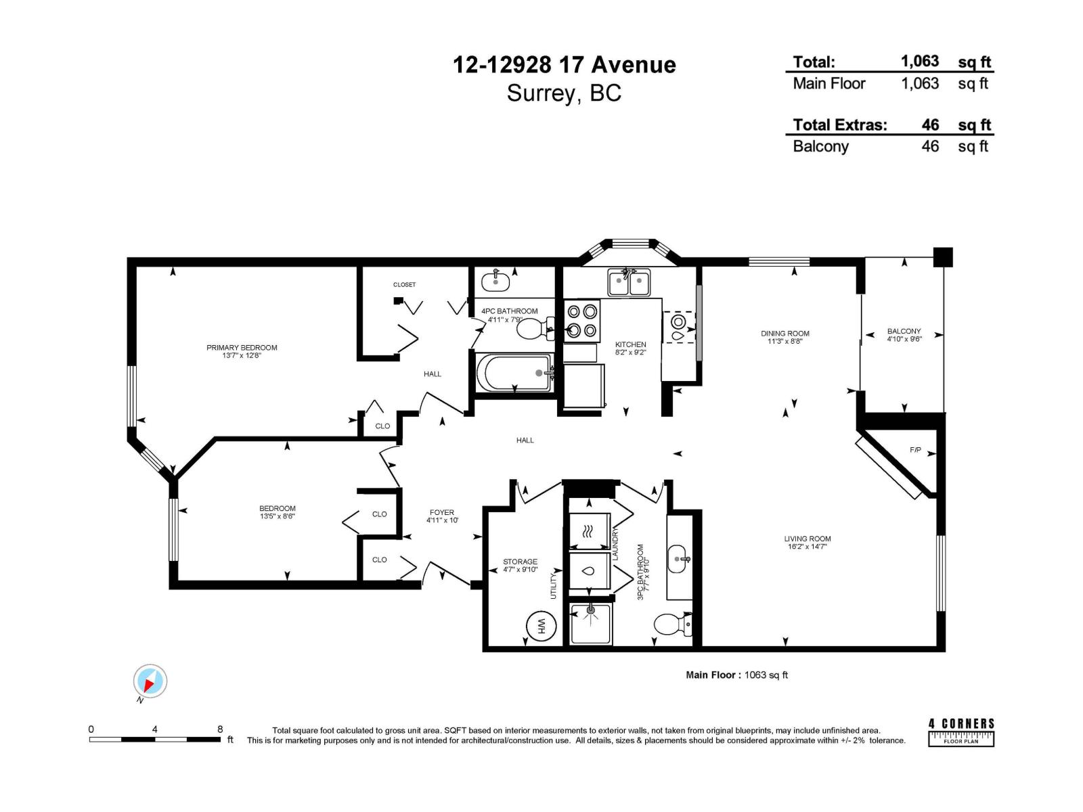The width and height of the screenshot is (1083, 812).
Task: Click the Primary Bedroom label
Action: click(242, 348)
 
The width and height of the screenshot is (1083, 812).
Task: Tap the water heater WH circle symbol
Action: click(541, 626)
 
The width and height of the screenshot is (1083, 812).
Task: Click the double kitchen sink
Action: click(629, 282)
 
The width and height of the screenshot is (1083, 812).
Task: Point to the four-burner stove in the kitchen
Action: click(582, 321)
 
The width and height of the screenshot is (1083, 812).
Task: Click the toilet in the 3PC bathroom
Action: click(671, 624)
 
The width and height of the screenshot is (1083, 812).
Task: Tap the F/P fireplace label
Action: click(915, 450)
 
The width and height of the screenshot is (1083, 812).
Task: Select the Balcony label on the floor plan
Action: click(904, 332)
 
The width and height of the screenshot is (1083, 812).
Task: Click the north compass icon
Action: click(150, 681)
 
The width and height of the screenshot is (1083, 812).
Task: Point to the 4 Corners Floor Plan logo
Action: click(961, 732)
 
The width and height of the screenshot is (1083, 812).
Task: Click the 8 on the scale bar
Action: click(220, 729)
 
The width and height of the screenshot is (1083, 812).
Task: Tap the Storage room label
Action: click(520, 562)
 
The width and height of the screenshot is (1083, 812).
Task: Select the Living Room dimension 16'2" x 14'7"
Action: click(807, 547)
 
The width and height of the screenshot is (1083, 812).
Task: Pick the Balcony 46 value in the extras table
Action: click(930, 146)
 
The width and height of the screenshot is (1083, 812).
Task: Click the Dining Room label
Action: click(784, 334)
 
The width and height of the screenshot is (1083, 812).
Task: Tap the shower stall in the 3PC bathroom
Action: click(591, 623)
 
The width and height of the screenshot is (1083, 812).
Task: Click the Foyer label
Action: click(441, 513)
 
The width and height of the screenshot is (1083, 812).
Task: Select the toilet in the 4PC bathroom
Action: click(535, 330)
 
